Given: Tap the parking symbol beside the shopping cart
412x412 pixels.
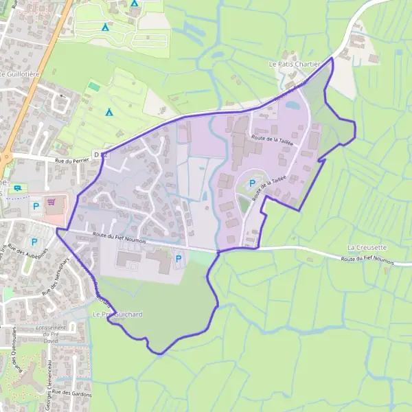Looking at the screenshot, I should click(36, 205).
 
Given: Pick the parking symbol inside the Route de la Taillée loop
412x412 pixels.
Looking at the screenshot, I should click(252, 183).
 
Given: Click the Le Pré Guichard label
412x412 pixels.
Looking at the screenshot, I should click(117, 314).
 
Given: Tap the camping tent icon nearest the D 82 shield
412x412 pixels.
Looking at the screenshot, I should click(108, 112).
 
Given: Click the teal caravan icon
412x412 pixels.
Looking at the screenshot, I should click(18, 187).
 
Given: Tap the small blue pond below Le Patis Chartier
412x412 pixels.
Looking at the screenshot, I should click(293, 106).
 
